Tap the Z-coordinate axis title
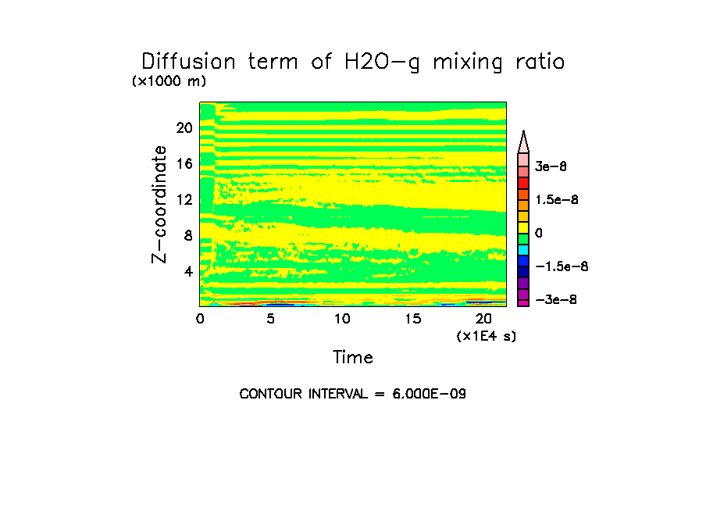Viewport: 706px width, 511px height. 160,204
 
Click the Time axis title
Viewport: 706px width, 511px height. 353,358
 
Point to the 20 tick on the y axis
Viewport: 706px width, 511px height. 184,128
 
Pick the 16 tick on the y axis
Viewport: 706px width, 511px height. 184,164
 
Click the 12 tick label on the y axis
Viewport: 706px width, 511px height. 184,200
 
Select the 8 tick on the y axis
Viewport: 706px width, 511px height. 187,236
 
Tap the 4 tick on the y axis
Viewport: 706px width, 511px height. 187,272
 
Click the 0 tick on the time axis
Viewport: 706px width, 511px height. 200,319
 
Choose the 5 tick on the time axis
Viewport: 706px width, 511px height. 270,319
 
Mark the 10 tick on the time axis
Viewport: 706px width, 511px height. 342,319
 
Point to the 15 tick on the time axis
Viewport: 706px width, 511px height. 413,319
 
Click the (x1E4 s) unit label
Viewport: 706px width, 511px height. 487,336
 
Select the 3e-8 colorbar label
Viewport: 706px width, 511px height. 551,166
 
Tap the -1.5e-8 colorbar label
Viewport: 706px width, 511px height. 562,266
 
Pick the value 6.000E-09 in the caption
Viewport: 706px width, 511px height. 430,394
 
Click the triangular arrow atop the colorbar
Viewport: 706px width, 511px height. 524,141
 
